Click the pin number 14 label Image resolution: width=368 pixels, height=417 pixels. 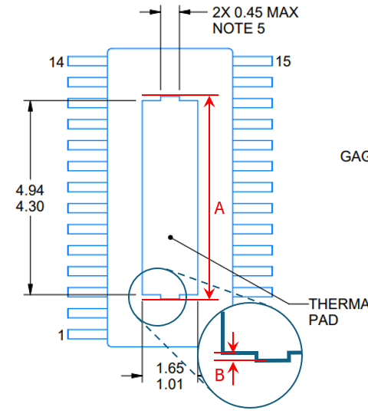57,62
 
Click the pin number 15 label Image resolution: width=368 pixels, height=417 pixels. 283,62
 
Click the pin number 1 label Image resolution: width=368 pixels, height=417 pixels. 61,334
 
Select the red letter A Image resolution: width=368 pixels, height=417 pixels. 219,208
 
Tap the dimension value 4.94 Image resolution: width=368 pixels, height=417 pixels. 30,191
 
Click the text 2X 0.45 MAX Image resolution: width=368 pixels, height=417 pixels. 254,13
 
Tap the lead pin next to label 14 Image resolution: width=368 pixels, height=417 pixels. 87,61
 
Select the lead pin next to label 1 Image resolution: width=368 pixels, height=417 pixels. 87,333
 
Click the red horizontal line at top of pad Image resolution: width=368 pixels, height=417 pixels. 179,97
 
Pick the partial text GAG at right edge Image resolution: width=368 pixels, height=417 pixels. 353,157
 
